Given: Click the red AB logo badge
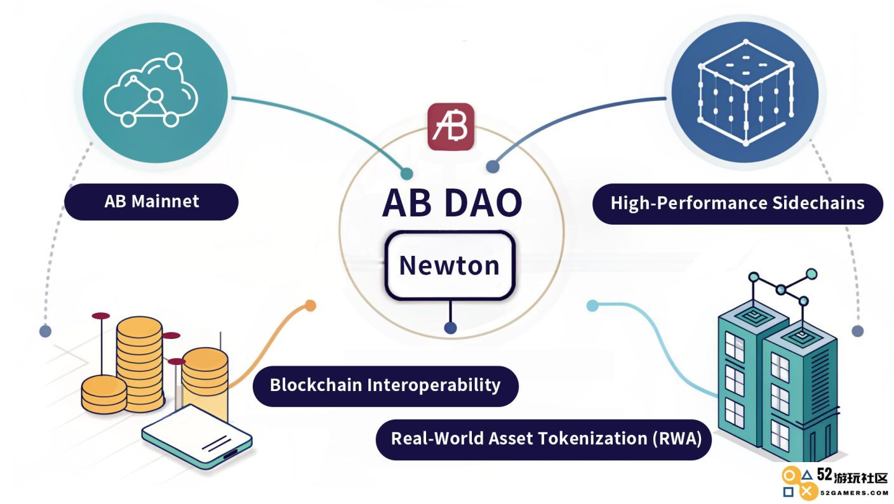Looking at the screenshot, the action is [451, 127].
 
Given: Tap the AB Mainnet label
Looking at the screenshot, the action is [151, 201].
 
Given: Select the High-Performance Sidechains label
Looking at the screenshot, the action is [738, 204].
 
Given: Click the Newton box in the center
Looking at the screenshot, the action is [450, 265].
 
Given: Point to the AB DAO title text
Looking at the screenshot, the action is [452, 202].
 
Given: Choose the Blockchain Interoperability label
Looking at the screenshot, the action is [385, 386].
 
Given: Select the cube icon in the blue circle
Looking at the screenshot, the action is [745, 93].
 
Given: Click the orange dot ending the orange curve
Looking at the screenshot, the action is [310, 306].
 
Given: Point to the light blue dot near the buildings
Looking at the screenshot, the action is [592, 306].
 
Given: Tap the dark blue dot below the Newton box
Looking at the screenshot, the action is [450, 328].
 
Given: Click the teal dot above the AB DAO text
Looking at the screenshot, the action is [406, 173].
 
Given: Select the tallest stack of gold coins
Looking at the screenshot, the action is [140, 364].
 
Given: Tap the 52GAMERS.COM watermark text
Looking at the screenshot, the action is [854, 493].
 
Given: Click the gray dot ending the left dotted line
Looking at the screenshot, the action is [46, 331].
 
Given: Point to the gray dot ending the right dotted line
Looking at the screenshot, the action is [858, 331].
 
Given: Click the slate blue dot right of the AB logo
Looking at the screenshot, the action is [493, 166].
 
